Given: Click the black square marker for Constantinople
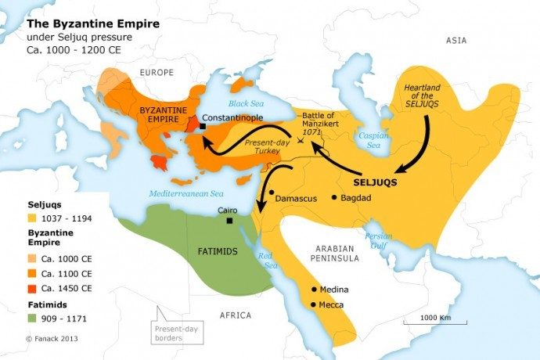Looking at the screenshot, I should tap(202, 126).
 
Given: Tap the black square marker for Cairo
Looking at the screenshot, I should tap(229, 221).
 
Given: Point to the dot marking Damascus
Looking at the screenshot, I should tap(271, 192).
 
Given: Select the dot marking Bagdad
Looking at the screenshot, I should tap(334, 198).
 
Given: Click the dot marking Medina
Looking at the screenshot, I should tap(314, 289).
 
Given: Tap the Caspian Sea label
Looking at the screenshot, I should tap(373, 139).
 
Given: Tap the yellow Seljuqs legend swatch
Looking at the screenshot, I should tap(33, 218).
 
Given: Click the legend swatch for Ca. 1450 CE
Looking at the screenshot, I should tap(33, 287).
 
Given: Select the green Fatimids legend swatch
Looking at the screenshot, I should tap(33, 318).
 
